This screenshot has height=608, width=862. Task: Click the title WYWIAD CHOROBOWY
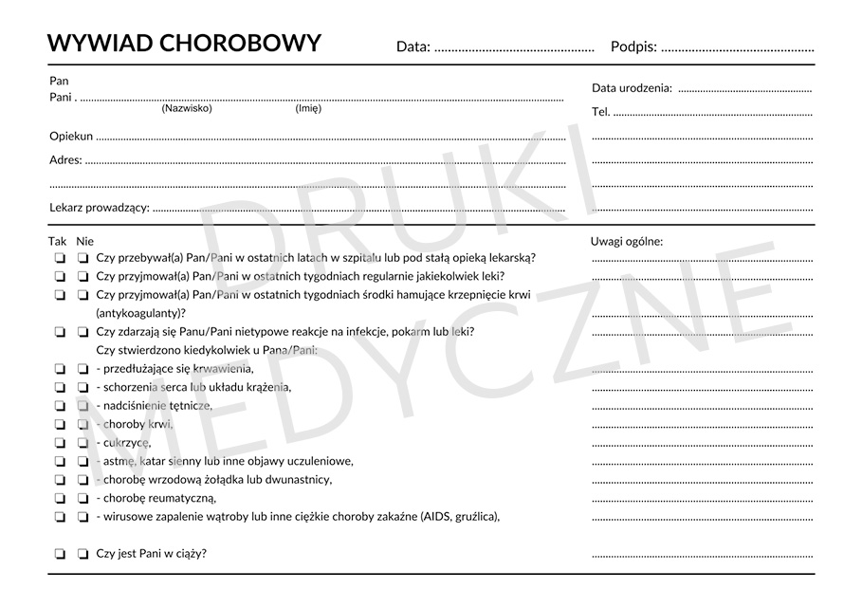pyautogui.click(x=184, y=44)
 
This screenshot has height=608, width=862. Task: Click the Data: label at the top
pyautogui.click(x=413, y=46)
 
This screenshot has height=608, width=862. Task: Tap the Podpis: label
pyautogui.click(x=633, y=46)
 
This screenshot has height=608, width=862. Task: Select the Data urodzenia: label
pyautogui.click(x=632, y=88)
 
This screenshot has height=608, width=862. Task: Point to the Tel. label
pyautogui.click(x=600, y=112)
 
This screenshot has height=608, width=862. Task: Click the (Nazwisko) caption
pyautogui.click(x=187, y=108)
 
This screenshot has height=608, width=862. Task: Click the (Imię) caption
pyautogui.click(x=308, y=108)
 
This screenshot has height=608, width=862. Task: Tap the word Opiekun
pyautogui.click(x=71, y=137)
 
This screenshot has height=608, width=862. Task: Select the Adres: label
pyautogui.click(x=65, y=160)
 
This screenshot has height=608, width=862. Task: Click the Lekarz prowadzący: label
pyautogui.click(x=99, y=208)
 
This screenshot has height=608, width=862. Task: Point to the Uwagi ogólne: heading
pyautogui.click(x=626, y=241)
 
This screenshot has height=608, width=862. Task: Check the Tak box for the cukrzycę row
pyautogui.click(x=59, y=443)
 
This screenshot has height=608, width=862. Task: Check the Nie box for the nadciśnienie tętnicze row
pyautogui.click(x=83, y=406)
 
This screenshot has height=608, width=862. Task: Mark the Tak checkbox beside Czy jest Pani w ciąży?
pyautogui.click(x=59, y=554)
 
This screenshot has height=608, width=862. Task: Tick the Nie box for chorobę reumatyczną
pyautogui.click(x=83, y=498)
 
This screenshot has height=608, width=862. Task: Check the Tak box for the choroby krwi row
pyautogui.click(x=59, y=424)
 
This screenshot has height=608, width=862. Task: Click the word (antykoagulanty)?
pyautogui.click(x=141, y=312)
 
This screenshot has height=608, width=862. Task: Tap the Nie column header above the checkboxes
pyautogui.click(x=85, y=241)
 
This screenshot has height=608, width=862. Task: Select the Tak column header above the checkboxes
pyautogui.click(x=58, y=241)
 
